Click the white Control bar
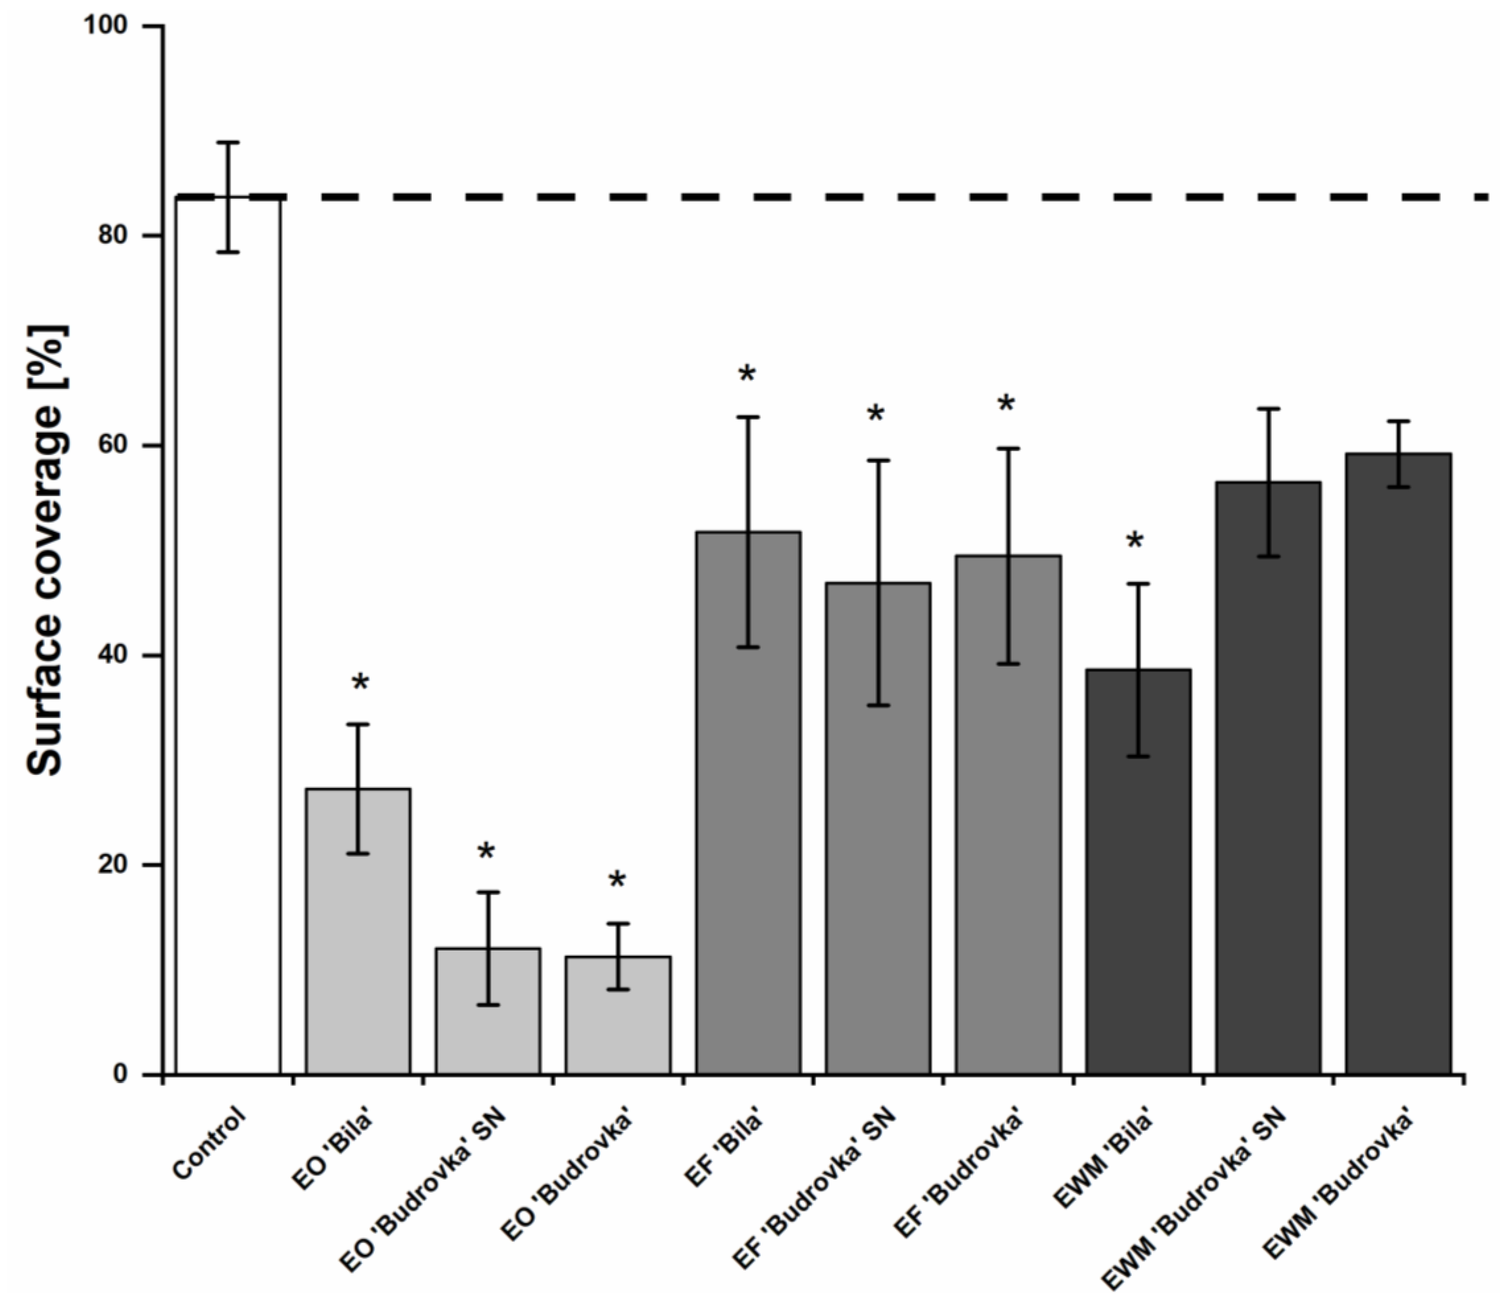pos(228,656)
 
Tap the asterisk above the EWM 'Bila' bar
pos(1135,542)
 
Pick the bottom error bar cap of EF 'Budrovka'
pos(1008,664)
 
